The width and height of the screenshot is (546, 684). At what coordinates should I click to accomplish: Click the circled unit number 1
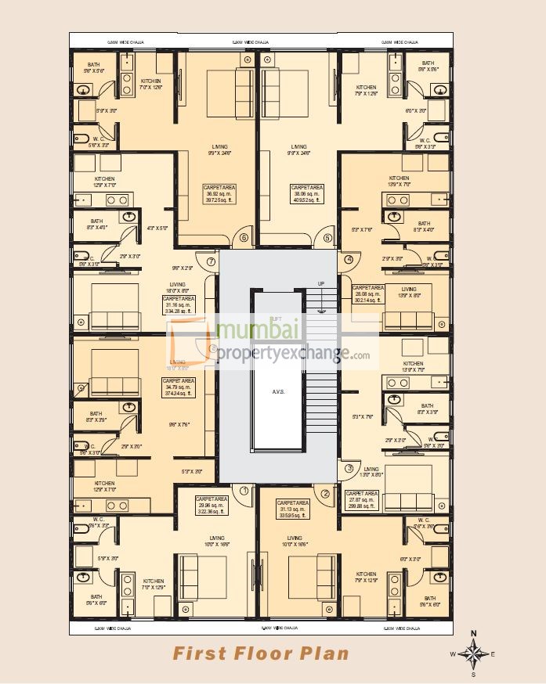(x=244, y=491)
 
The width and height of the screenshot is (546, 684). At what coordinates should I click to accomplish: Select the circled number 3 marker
(x=349, y=469)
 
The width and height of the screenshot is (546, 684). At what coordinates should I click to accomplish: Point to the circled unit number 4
(x=349, y=260)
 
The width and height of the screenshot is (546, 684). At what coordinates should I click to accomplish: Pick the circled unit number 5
(x=327, y=238)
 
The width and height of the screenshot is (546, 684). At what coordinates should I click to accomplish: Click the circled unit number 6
(x=244, y=238)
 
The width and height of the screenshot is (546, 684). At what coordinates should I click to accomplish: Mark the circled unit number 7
(x=211, y=261)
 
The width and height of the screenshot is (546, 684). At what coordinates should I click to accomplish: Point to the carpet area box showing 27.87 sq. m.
(x=362, y=499)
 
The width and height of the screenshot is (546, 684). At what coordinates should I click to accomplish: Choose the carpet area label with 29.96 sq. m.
(x=212, y=505)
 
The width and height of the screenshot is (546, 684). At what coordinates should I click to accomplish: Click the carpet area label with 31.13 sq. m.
(x=294, y=509)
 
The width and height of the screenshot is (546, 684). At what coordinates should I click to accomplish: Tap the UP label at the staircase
(x=321, y=283)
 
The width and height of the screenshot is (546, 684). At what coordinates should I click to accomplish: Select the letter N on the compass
(x=473, y=634)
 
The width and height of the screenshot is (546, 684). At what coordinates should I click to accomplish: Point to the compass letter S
(x=473, y=673)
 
